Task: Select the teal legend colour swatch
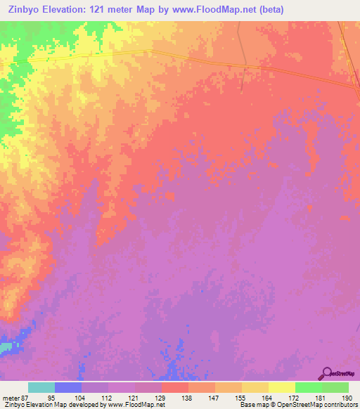coord(41,387)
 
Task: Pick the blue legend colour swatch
coord(68,387)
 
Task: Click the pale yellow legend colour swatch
coord(281,387)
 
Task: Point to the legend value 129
coord(161,397)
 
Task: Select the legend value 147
coord(214,397)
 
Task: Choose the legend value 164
coord(268,397)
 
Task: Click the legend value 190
coord(348,397)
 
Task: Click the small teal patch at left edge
coord(6,346)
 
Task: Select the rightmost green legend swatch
coord(335,387)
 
